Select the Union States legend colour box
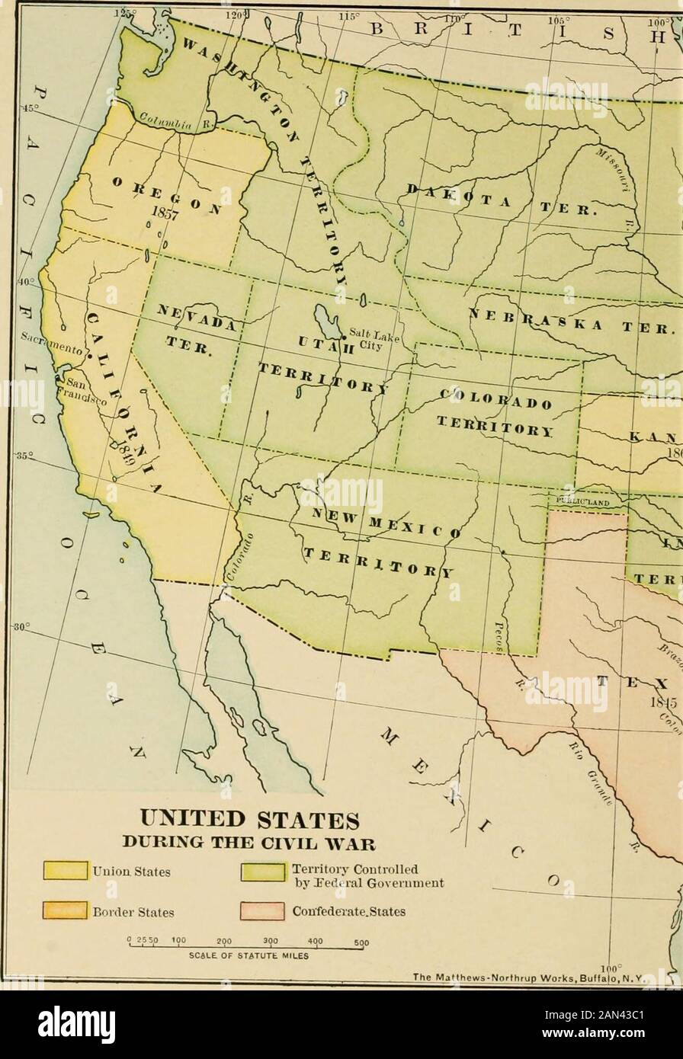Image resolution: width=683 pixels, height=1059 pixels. click(x=65, y=870)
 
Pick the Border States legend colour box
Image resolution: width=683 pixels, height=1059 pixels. click(x=65, y=910)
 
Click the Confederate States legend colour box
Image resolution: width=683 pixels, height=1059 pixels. click(x=261, y=910)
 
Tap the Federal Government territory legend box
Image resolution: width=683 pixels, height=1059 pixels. click(x=261, y=870)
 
